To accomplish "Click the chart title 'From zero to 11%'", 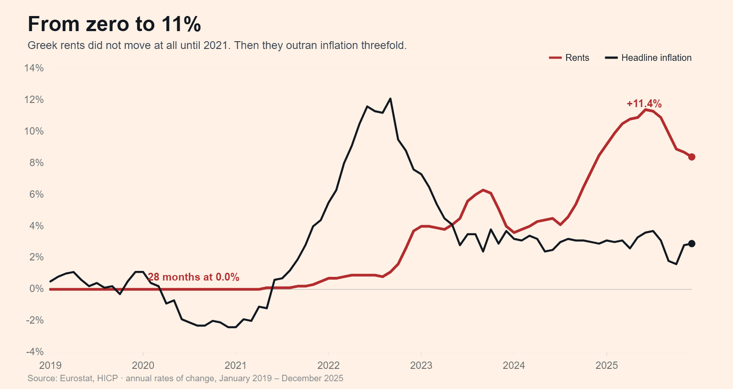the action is coord(114,24).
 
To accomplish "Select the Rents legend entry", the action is coord(569,58).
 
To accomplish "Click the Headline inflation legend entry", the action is coord(648,58).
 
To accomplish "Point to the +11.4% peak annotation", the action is coord(644,103).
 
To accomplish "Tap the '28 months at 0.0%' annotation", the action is coord(193,277).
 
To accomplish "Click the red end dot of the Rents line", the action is coord(691,157).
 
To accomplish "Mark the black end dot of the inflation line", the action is coord(691,243).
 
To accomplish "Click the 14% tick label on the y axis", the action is coord(34,68).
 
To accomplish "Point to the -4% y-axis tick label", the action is coord(35,352).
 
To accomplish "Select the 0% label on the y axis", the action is coord(36,289).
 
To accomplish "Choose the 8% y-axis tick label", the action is coord(36,162).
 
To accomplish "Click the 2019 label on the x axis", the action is coord(50,366).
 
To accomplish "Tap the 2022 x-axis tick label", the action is coord(328,366).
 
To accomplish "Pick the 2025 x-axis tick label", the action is coord(607,366).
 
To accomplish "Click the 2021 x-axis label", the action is coord(235,366).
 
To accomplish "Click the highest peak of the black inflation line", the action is coord(390,98).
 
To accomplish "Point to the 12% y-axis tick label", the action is coord(34,99).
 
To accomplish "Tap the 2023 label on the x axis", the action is coord(421,366).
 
